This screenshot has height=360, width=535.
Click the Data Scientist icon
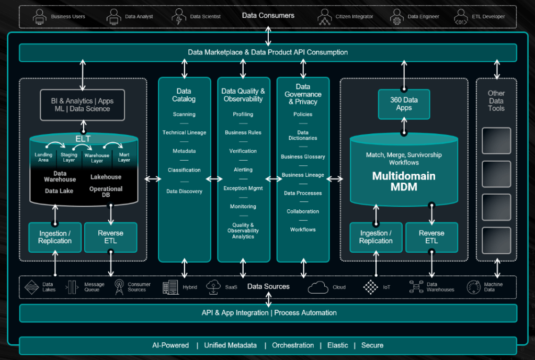click(x=179, y=16)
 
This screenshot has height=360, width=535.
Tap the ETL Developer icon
click(x=461, y=16)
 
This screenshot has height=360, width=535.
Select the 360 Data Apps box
click(x=404, y=104)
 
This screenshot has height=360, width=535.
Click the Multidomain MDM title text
click(x=404, y=181)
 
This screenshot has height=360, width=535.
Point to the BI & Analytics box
click(x=83, y=105)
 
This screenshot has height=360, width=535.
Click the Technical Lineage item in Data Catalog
click(x=184, y=132)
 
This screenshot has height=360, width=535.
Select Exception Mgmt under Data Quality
click(x=243, y=188)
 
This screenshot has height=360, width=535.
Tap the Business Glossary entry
click(x=303, y=156)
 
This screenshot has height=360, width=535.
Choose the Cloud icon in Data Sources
click(x=318, y=287)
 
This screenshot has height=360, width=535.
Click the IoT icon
click(x=371, y=287)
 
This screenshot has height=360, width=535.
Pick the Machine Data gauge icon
click(x=473, y=287)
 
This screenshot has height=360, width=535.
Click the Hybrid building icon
click(x=170, y=287)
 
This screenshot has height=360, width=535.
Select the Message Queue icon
click(x=72, y=287)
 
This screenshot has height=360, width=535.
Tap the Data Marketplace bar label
click(x=268, y=52)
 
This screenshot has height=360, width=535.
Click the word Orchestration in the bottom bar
click(x=293, y=345)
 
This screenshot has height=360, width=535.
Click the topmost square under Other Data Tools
click(x=496, y=140)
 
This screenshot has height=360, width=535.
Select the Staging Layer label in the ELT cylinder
click(x=69, y=157)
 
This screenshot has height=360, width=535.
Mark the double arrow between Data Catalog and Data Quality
click(x=214, y=179)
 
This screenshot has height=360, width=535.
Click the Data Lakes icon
click(x=32, y=287)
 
